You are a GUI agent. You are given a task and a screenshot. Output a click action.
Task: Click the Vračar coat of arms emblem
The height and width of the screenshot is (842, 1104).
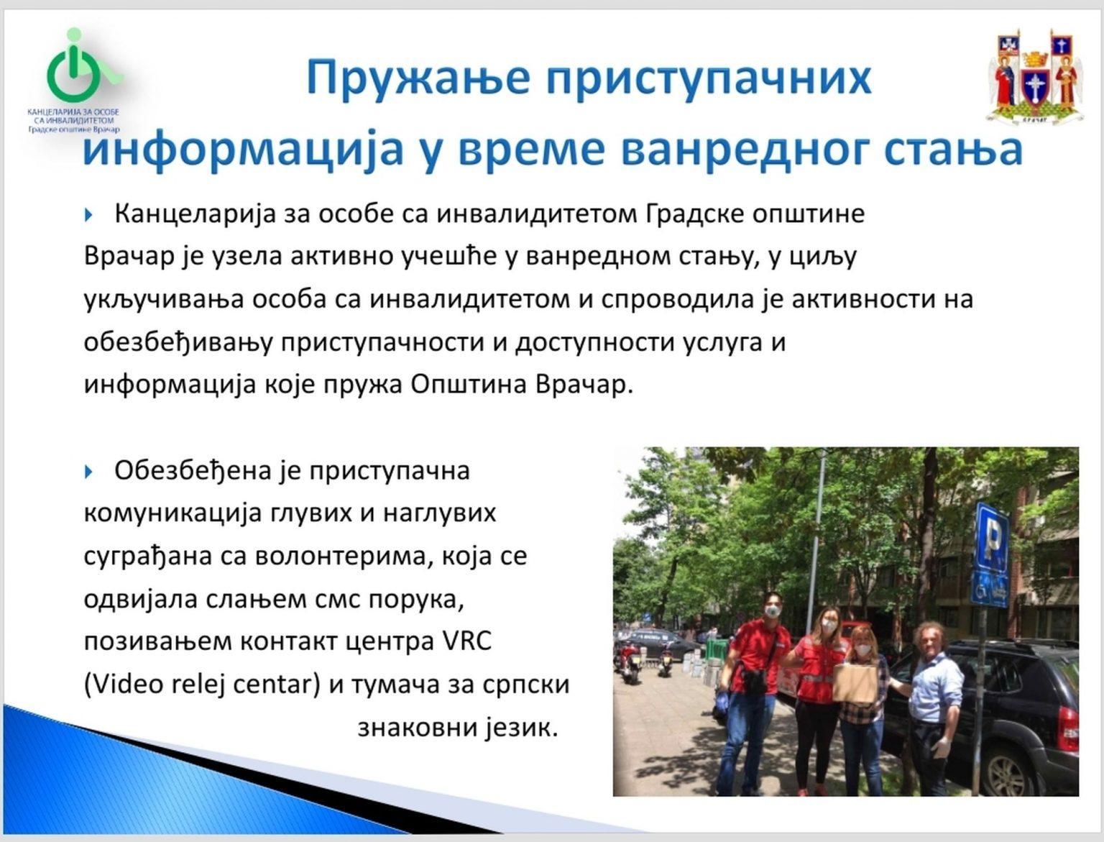tap(1035, 76)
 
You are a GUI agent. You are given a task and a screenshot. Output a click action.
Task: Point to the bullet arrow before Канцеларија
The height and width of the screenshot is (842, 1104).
tap(89, 214)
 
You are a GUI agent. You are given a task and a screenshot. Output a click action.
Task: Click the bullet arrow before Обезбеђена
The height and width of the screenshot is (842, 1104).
tap(89, 471)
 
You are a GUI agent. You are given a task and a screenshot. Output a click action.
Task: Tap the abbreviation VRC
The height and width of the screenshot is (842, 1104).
tap(464, 641)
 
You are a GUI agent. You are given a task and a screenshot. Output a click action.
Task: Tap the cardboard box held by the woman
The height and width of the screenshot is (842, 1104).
tap(855, 682)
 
